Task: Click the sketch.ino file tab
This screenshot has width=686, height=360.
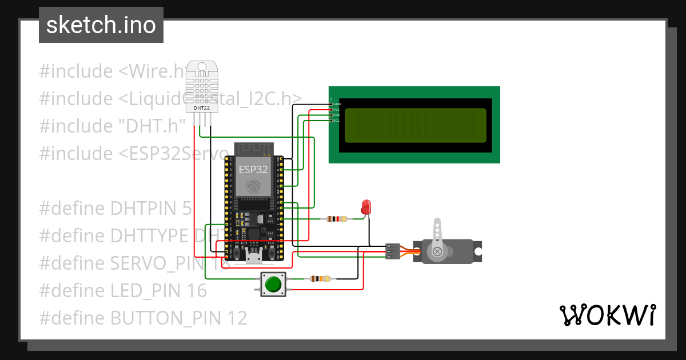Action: pos(101,25)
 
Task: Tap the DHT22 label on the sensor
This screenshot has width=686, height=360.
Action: pos(201,107)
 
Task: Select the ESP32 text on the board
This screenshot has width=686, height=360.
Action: pos(252,169)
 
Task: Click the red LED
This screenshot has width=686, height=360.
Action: pos(366,207)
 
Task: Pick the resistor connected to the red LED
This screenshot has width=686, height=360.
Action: pos(336,218)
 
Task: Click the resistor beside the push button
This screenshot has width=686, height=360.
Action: pos(320,279)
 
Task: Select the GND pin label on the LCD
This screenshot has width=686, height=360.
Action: pos(337,103)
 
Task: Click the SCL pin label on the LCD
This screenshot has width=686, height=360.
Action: pos(337,121)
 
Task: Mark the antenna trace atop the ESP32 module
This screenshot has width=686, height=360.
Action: pos(252,148)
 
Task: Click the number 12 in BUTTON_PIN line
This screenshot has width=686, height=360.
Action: pos(237,318)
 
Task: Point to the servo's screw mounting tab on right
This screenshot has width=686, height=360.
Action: pos(478,250)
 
